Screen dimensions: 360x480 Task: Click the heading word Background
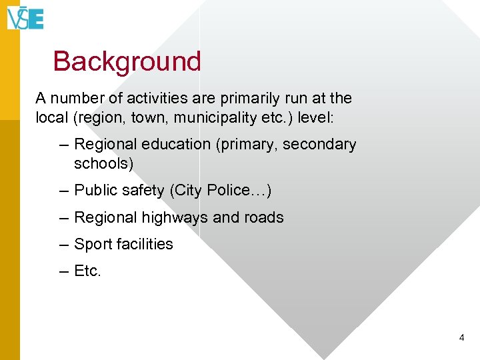[127, 61]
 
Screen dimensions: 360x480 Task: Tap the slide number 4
[461, 338]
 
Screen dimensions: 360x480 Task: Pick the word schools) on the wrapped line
[103, 163]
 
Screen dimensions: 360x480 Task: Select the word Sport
[93, 245]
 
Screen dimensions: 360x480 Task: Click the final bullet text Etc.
[87, 271]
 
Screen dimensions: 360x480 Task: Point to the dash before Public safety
[63, 191]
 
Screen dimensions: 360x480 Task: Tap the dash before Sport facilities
[63, 245]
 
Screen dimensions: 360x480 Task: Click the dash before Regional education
[63, 145]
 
